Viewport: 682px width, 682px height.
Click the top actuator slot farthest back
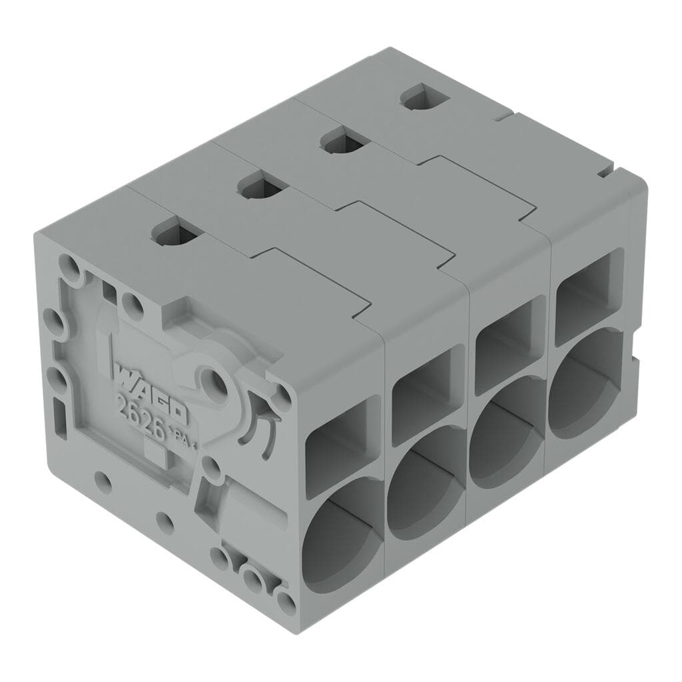[424, 98]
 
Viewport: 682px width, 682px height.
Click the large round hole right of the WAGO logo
[214, 382]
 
